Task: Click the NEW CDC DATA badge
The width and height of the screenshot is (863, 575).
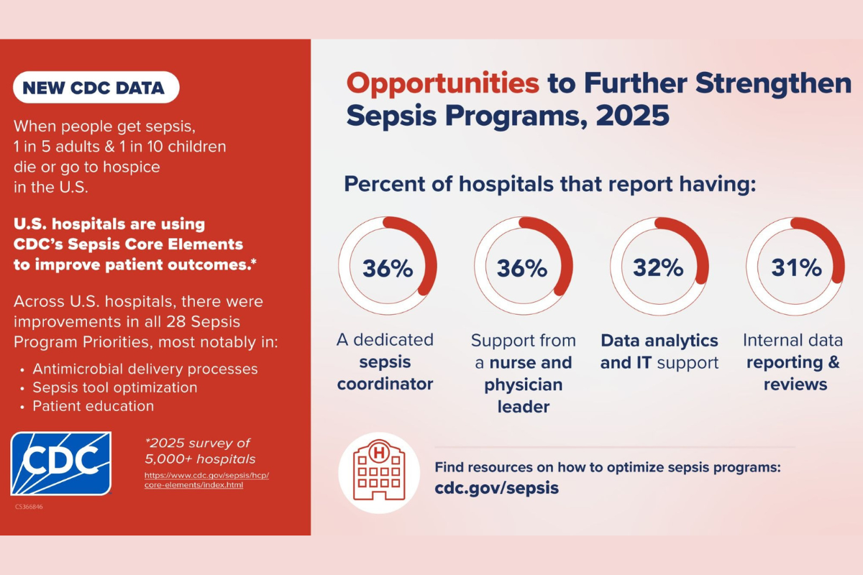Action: click(96, 88)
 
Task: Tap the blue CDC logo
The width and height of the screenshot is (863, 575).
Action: click(61, 464)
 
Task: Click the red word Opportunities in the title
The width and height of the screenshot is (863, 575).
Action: click(443, 83)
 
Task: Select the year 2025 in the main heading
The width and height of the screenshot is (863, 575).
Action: click(632, 115)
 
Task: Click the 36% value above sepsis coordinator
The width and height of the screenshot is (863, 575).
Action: click(388, 268)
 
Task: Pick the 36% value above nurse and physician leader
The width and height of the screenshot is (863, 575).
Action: click(522, 268)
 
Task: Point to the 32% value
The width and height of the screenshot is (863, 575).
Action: click(659, 267)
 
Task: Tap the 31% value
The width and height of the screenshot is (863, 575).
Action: click(796, 267)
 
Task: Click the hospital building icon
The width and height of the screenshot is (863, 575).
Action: click(379, 471)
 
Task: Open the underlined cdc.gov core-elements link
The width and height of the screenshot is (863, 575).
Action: click(206, 480)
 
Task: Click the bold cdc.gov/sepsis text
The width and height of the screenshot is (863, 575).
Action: click(497, 488)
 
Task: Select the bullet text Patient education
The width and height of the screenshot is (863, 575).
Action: click(93, 406)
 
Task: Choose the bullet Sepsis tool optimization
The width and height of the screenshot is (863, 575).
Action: click(115, 387)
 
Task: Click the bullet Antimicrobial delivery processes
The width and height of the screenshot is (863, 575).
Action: click(145, 369)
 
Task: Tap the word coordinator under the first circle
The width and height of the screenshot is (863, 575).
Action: click(385, 384)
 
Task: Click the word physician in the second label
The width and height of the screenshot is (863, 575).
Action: click(524, 385)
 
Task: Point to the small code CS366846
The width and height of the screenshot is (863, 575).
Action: click(29, 507)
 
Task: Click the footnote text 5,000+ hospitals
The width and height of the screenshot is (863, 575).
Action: click(200, 459)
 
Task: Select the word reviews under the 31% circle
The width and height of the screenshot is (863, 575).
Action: click(795, 385)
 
